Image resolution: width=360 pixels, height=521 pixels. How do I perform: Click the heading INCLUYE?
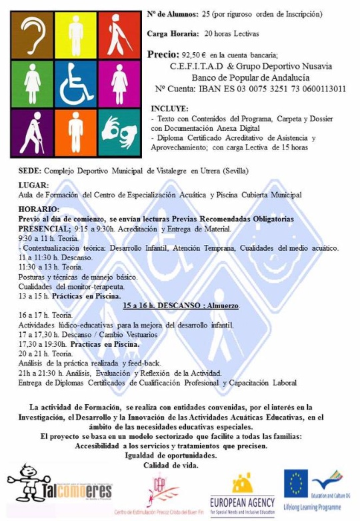tap(169, 108)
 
